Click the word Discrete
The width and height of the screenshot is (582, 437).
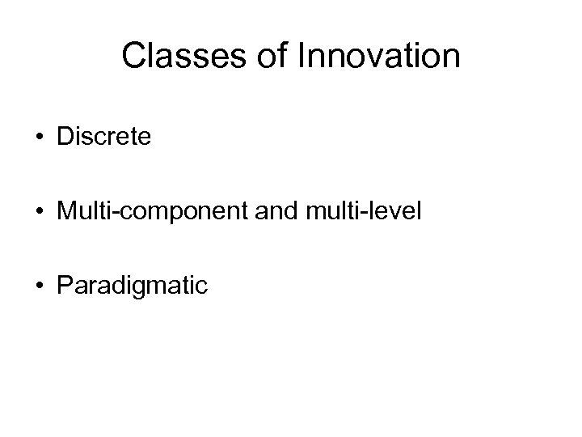coord(103,137)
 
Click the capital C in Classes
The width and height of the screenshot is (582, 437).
coord(134,56)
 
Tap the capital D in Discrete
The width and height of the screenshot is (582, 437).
coord(65,137)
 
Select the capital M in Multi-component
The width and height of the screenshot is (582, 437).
coord(67,211)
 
